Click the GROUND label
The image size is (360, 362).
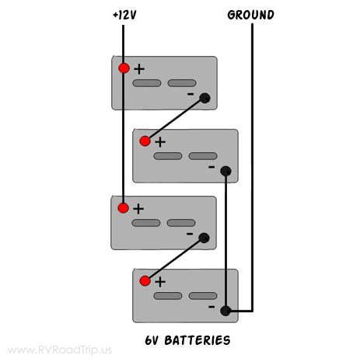250,15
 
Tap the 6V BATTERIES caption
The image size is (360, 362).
187,340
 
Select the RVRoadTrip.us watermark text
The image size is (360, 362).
59,350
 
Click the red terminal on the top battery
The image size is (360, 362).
124,68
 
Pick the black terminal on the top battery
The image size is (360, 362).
205,98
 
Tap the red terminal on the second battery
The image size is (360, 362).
145,141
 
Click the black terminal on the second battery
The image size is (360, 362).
225,171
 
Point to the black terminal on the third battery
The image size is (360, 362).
205,238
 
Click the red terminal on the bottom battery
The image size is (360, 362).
145,280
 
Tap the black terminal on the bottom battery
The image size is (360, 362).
225,312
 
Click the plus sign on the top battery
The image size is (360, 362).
139,68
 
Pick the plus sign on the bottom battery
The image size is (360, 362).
160,281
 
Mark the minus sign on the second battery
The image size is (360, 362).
211,166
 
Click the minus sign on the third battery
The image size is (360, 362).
190,233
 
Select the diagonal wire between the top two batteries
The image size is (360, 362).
175,119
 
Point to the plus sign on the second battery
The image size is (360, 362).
160,141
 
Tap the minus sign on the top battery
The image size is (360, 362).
190,93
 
